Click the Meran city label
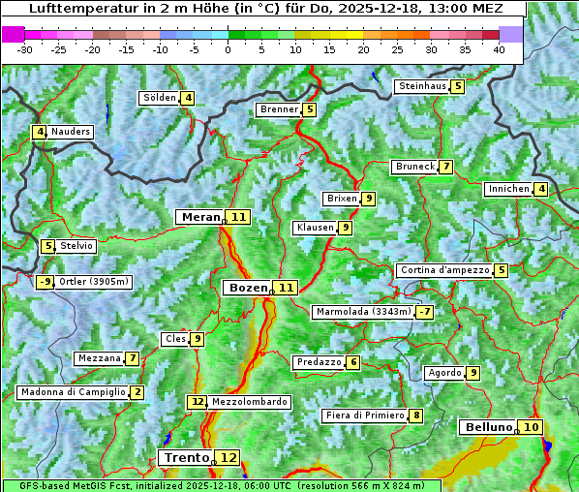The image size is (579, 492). pos(200,217)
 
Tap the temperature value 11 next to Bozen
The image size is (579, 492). pos(287,288)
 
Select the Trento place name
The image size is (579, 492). pos(187,457)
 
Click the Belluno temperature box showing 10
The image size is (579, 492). pos(531,427)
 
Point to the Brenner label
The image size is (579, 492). pos(279,109)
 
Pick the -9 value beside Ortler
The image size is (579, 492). pos(45,282)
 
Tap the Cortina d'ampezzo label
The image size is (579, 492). pos(444,270)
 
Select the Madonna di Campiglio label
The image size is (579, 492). pos(73,392)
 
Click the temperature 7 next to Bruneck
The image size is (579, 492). pos(445,167)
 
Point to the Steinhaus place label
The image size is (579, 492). pos(422,86)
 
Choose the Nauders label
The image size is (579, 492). pos(71,132)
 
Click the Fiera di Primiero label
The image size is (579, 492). pos(364,415)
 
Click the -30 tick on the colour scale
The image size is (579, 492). pos(25,49)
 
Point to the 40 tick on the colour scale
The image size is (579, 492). pos(499,49)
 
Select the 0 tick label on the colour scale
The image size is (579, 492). pos(229,49)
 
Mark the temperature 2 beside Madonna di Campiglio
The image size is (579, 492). pos(137,392)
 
